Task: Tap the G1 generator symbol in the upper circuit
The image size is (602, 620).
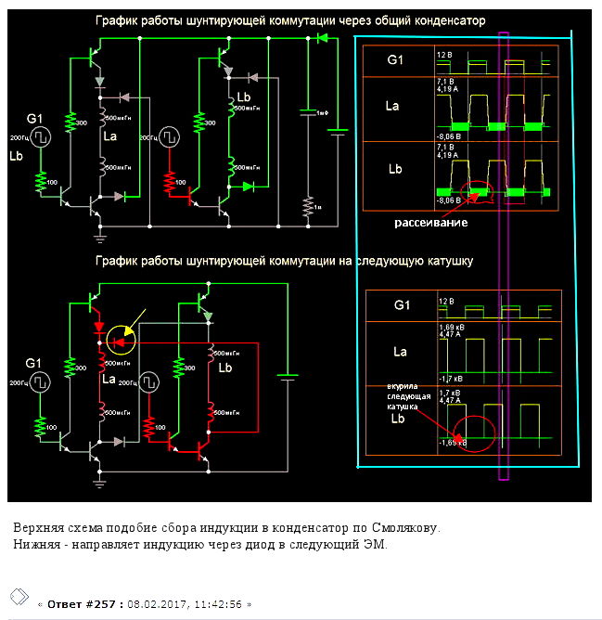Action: point(42,136)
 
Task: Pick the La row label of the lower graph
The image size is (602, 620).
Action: point(400,352)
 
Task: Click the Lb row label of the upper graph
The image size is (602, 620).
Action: point(392,170)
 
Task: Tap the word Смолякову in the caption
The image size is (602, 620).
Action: point(400,528)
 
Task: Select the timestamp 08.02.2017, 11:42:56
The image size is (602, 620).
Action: point(188,603)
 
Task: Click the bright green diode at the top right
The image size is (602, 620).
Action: point(322,38)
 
